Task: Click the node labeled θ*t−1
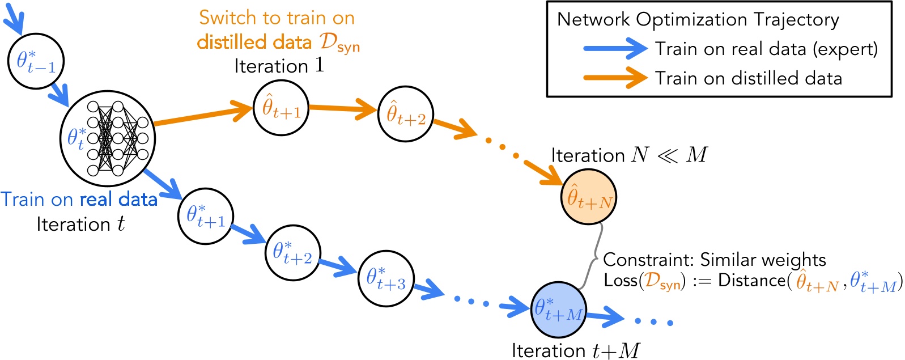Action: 36,61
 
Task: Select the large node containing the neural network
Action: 107,138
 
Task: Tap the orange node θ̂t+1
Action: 281,108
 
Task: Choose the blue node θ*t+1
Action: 205,217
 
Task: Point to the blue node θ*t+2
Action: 292,253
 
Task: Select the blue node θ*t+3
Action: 386,279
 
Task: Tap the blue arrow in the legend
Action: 615,49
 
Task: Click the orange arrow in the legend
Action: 615,78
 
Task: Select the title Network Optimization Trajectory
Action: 698,20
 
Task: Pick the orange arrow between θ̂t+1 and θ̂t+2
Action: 343,109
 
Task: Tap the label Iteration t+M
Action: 575,350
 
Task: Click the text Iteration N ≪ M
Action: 629,155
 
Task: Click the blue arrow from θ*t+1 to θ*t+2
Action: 248,234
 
